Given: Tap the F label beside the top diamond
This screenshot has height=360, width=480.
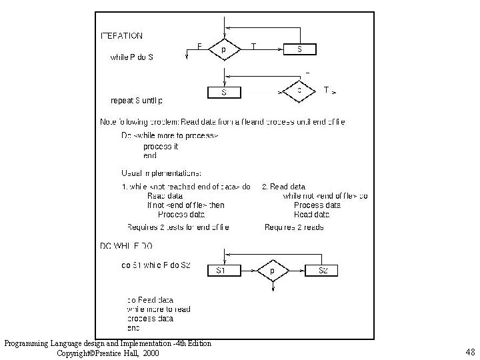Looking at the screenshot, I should click(x=199, y=45).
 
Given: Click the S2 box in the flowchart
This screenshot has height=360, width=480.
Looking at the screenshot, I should click(x=323, y=271).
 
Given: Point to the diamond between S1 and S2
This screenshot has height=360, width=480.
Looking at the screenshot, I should click(x=273, y=271).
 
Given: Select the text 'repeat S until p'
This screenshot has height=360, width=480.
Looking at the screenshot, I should click(x=136, y=101).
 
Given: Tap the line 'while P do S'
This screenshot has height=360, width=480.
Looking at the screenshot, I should click(x=131, y=57).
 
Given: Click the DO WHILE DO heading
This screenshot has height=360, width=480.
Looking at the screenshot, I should click(x=126, y=246).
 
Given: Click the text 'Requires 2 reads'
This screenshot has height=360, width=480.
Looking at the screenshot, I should click(x=293, y=227).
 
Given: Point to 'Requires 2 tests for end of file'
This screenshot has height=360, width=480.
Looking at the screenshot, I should click(x=178, y=227).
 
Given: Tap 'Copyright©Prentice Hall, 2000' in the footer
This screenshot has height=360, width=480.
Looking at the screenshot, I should click(x=108, y=353).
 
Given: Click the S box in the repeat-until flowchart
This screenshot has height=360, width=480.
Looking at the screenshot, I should click(x=223, y=93).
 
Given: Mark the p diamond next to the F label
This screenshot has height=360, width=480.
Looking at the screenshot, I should click(x=223, y=49).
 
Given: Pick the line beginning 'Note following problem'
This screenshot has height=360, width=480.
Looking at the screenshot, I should click(x=223, y=121).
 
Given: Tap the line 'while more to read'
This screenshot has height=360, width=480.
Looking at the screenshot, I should click(x=159, y=309).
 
